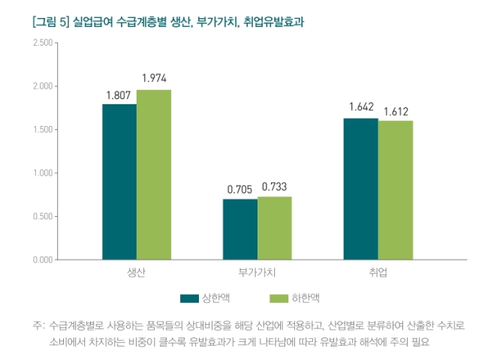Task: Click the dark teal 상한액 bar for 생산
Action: coord(119,181)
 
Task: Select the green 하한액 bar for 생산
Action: coord(154,175)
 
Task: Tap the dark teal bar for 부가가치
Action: coord(240,229)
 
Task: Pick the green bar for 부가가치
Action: coord(275,228)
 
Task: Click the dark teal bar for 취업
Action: coord(361,189)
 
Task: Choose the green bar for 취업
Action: coord(396,190)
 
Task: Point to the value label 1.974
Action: coord(154,78)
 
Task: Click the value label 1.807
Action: coord(119,95)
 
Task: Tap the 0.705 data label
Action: coord(239,189)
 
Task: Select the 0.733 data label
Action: coord(274,187)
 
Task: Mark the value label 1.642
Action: coord(361,107)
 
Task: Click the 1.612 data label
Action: coord(396,112)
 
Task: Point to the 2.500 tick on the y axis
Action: coord(43,43)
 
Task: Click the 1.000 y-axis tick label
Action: coord(43,172)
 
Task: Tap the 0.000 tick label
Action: coord(43,259)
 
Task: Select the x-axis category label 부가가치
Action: coord(257,273)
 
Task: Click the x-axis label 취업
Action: coord(378,273)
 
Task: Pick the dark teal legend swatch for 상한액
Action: coord(189,298)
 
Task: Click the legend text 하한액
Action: coord(306,298)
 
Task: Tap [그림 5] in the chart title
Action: coord(51,22)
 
